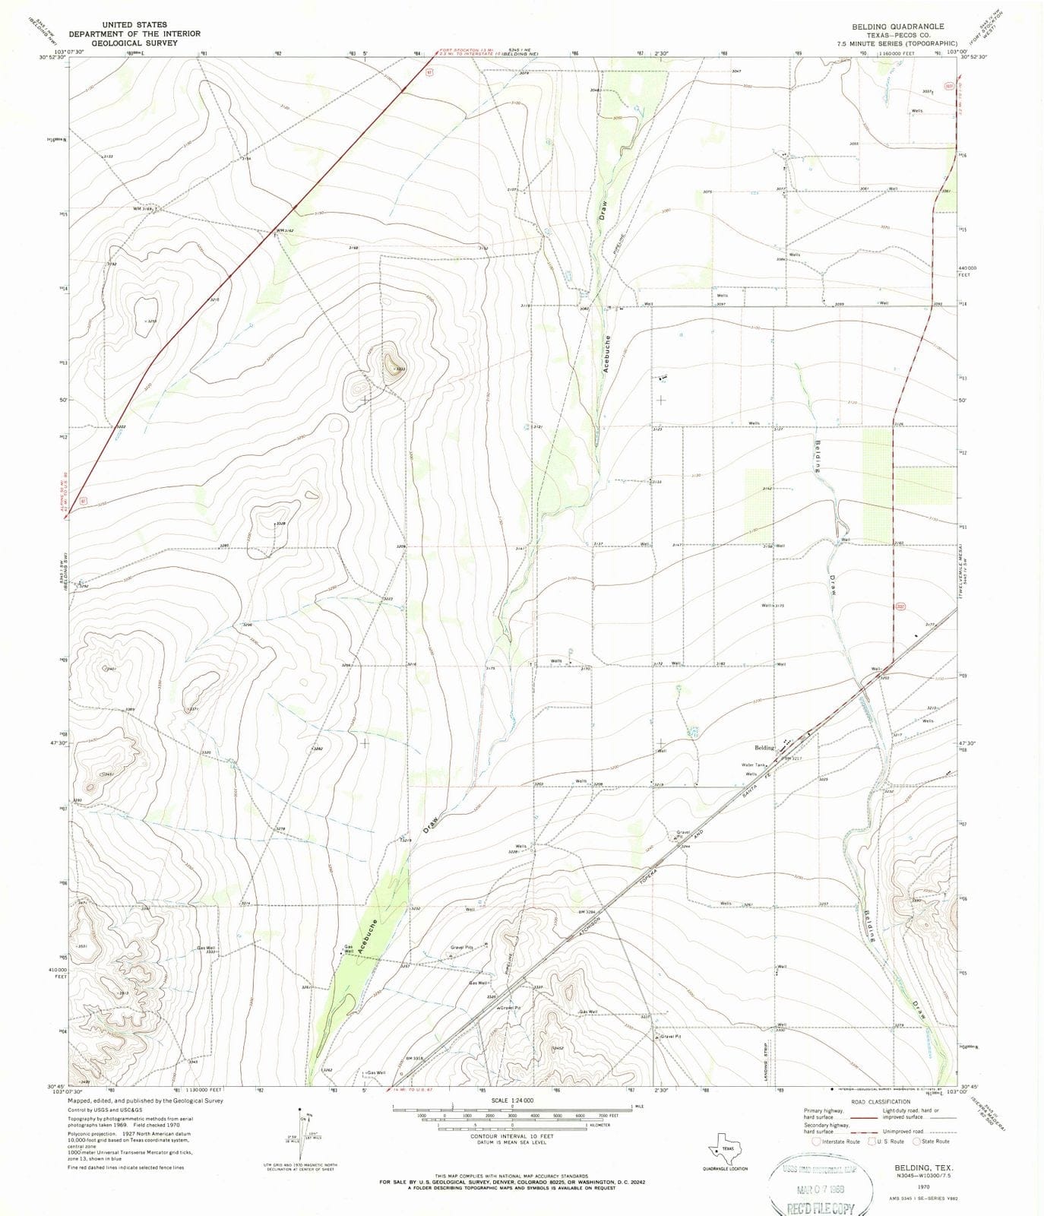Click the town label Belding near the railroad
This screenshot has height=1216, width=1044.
(764, 748)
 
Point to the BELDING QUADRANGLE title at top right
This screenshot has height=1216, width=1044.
(897, 26)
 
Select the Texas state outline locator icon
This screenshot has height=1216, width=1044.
(724, 1148)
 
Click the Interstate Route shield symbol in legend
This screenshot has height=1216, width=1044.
(816, 1142)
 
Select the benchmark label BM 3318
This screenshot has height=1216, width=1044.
(414, 1058)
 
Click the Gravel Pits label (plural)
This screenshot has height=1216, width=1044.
(461, 948)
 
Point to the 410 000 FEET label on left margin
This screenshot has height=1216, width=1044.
(56, 974)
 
